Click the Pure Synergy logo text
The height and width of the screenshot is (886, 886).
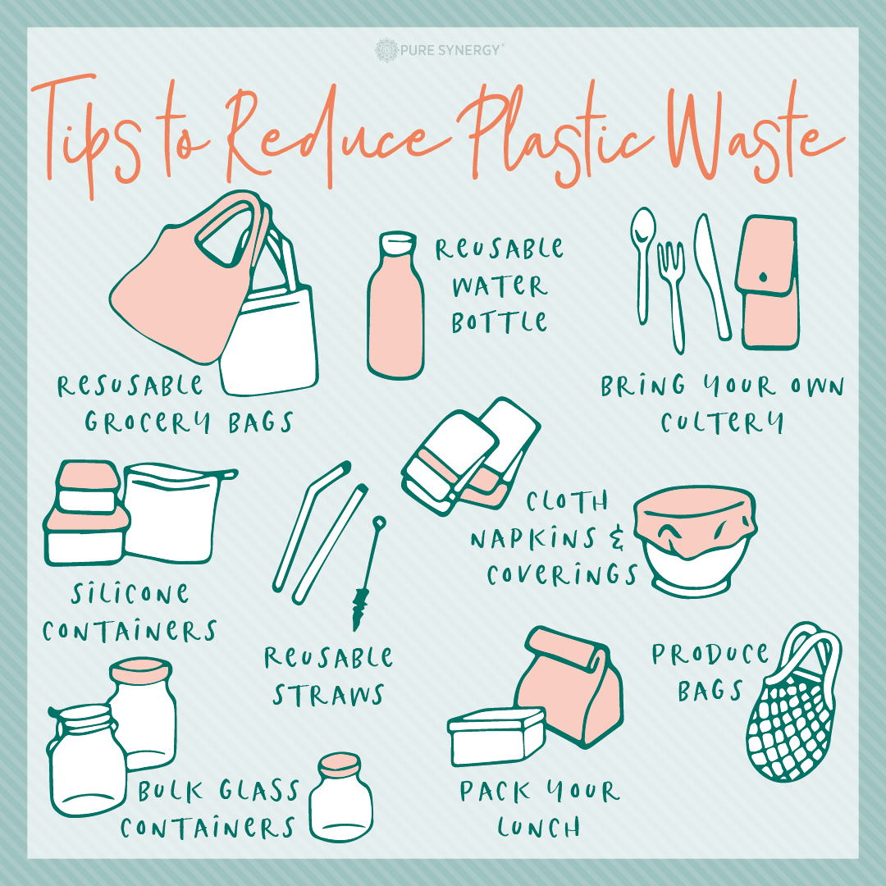(x=450, y=50)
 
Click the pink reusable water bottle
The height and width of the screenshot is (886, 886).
(x=395, y=305)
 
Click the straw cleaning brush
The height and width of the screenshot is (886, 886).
(x=368, y=571)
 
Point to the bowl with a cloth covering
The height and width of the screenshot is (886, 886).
(x=695, y=540)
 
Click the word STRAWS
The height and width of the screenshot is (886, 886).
(x=328, y=695)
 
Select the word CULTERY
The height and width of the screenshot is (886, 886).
(x=722, y=422)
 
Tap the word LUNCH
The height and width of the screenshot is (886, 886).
(x=538, y=828)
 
